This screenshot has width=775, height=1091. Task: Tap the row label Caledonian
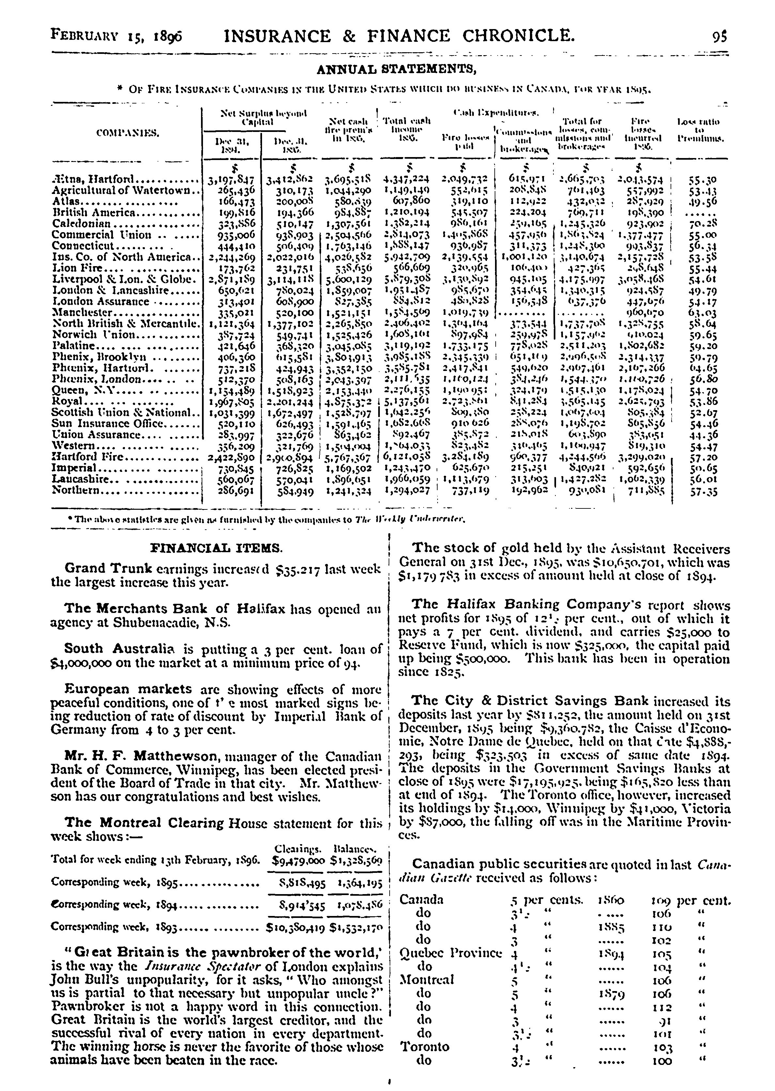(81, 223)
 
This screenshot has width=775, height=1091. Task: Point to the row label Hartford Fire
(88, 457)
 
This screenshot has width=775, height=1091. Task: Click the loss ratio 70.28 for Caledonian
(704, 223)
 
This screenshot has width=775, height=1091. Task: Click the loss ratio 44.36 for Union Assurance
(704, 435)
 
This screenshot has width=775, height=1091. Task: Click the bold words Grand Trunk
(108, 568)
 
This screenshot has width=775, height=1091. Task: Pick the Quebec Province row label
(450, 954)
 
